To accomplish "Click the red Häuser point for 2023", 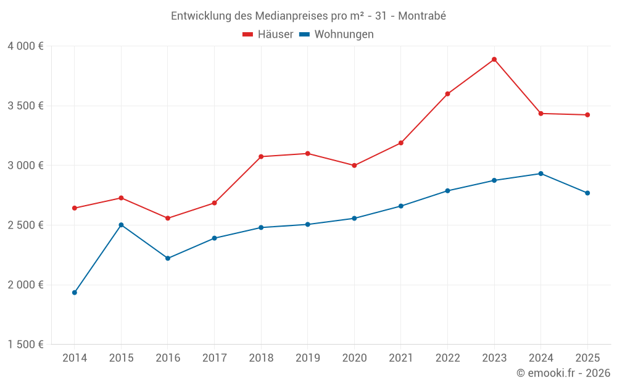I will coord(494,59).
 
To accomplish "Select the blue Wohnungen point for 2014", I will coord(75,292).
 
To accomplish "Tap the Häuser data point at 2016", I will coord(168,218).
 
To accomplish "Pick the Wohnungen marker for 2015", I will coord(121,225).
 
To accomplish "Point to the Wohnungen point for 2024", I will coord(541,174).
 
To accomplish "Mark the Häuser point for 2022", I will coord(448,94).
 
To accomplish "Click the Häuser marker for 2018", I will coord(261,156).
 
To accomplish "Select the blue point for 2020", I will coord(354,218).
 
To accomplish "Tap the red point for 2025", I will coord(587,115).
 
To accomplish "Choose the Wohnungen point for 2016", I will coord(168,258).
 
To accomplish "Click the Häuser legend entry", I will coord(268,35).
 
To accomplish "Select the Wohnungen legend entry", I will coord(337,35).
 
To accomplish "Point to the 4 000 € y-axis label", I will coord(25,46).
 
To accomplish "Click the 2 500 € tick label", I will coord(25,225).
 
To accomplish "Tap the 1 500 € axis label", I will coord(25,345).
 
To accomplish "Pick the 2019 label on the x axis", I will coord(307,358).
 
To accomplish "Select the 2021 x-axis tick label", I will coord(401,358).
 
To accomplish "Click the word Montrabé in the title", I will coord(422,16).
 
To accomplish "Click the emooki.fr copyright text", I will coord(563,373).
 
